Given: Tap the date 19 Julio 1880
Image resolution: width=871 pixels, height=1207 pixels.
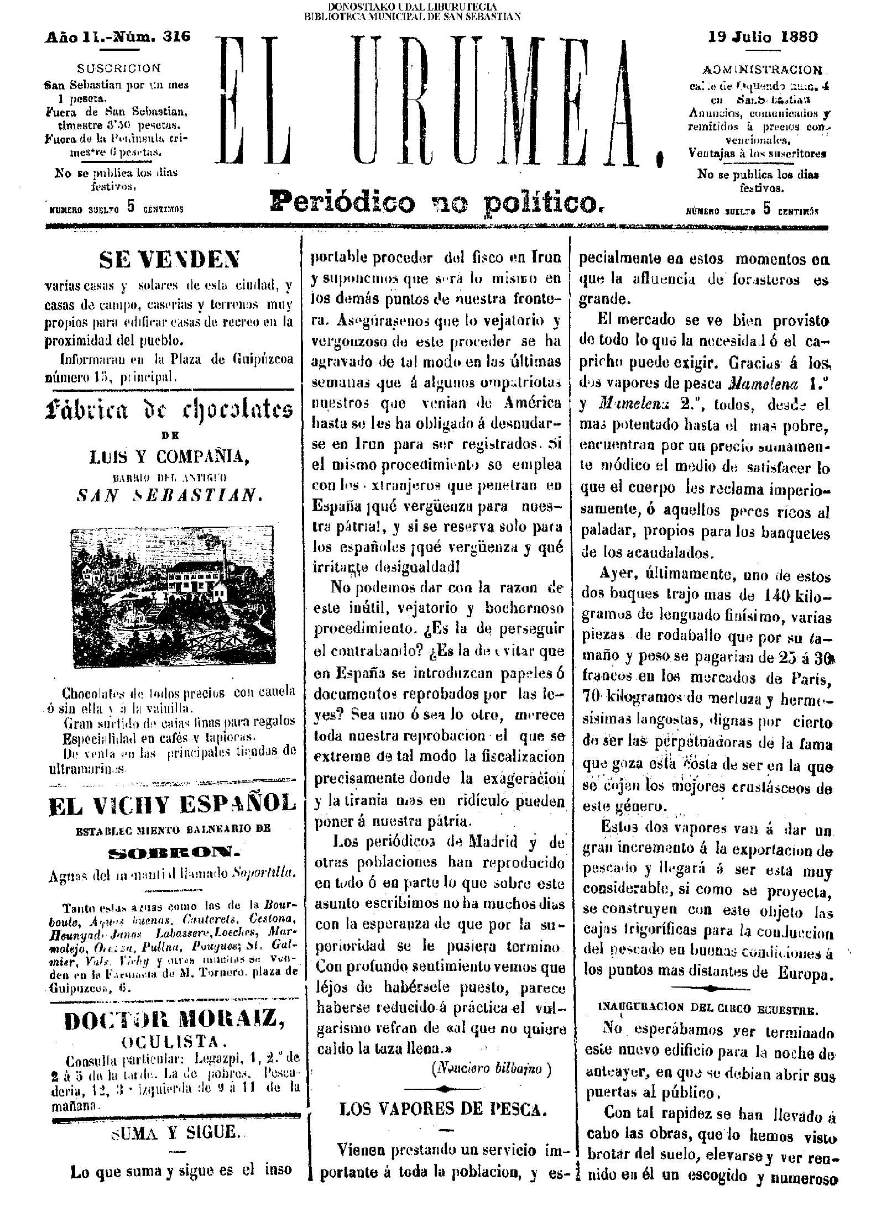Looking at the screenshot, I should click(x=763, y=37).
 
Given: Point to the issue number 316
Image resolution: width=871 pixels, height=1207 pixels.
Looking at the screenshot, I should click(x=176, y=37).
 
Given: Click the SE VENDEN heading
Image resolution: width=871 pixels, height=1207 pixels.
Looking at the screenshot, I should click(x=169, y=258).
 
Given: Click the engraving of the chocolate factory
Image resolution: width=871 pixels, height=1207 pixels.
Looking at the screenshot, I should click(x=173, y=596).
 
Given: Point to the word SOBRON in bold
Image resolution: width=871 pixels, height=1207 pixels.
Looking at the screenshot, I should click(x=171, y=853).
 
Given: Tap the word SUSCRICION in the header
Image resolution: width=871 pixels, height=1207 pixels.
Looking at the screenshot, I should click(x=119, y=69).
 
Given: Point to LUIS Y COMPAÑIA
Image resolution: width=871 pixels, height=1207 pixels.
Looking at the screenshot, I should click(x=169, y=456).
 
